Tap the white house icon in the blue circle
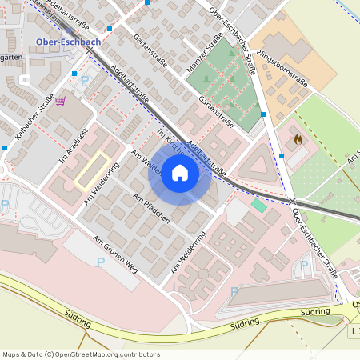pyautogui.click(x=180, y=172)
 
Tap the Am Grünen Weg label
pyautogui.click(x=116, y=255)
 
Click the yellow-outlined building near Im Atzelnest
pyautogui.click(x=92, y=171)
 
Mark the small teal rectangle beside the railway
pyautogui.click(x=258, y=206)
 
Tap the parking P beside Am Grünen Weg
pyautogui.click(x=101, y=262)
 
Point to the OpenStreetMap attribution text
pyautogui.click(x=81, y=354)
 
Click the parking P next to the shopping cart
pyautogui.click(x=85, y=81)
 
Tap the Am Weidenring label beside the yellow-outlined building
pyautogui.click(x=102, y=182)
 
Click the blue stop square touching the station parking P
pyautogui.click(x=74, y=74)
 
